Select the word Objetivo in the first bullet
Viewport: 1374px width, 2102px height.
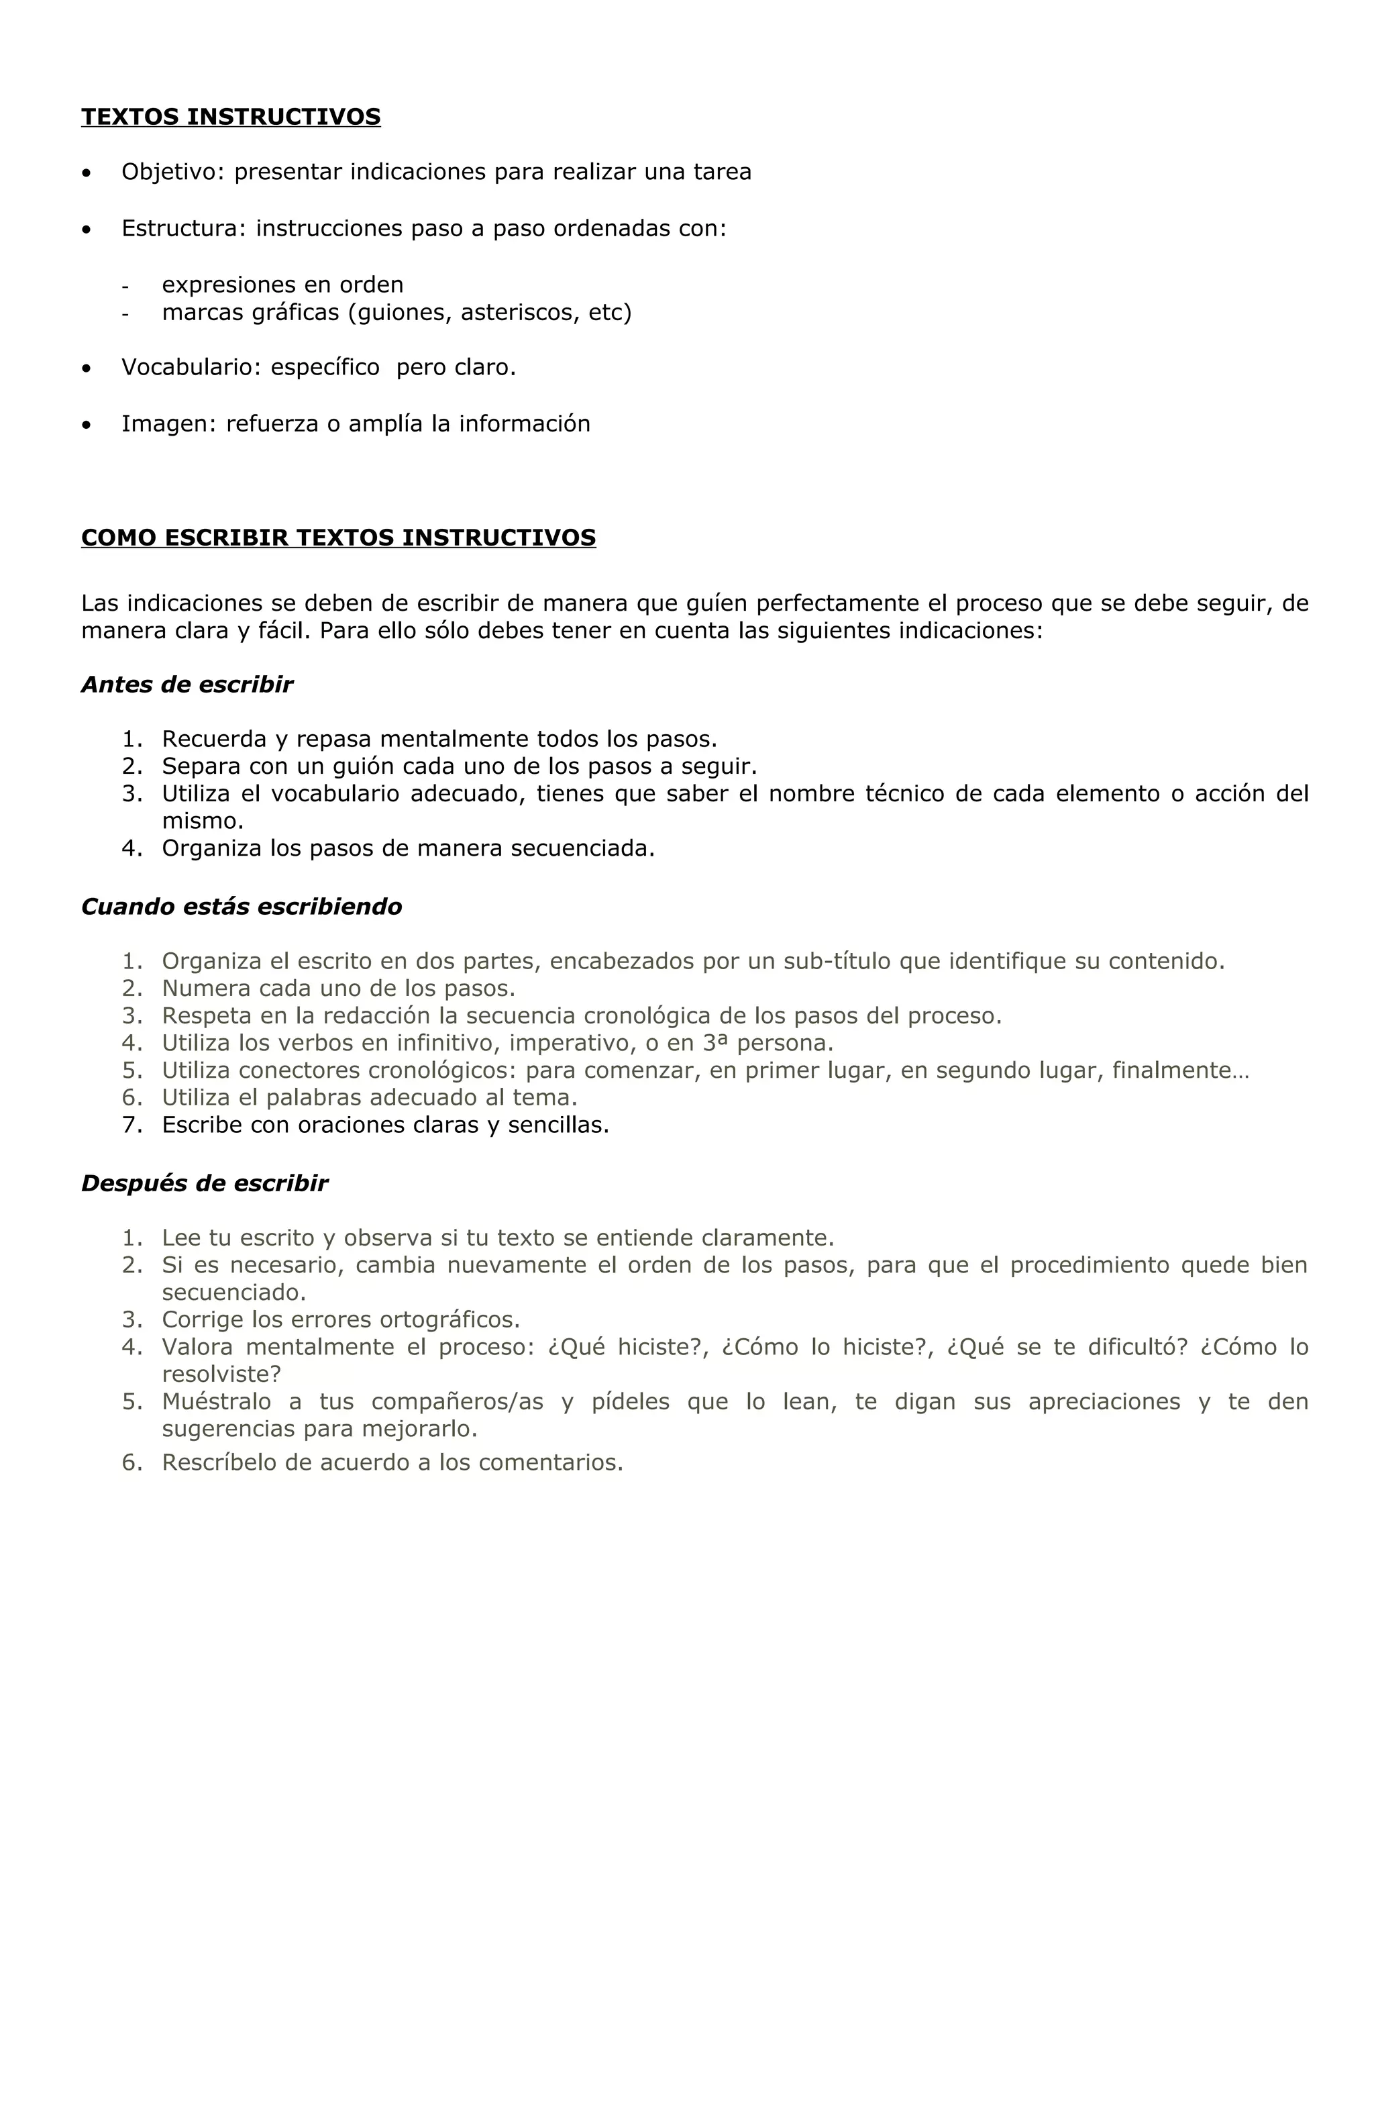pyautogui.click(x=173, y=172)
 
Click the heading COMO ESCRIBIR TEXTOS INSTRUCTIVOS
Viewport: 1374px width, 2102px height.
pyautogui.click(x=337, y=537)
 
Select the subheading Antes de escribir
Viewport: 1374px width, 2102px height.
pyautogui.click(x=187, y=685)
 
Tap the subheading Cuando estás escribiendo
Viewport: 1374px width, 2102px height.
pyautogui.click(x=241, y=906)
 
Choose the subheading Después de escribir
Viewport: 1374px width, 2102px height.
pyautogui.click(x=204, y=1183)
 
